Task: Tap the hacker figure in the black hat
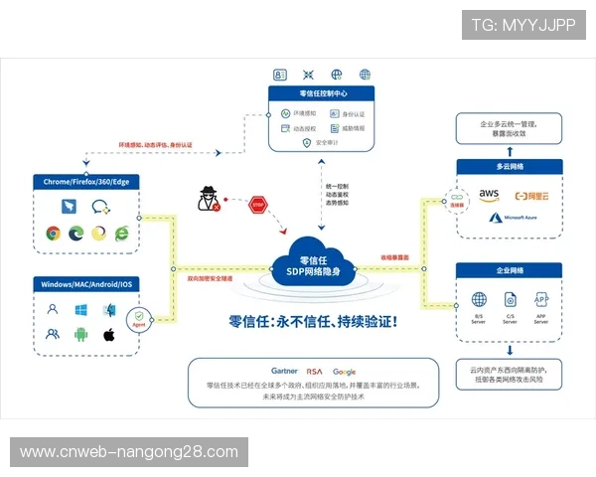[x=209, y=196]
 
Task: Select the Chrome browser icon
[x=53, y=234]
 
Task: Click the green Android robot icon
[x=80, y=334]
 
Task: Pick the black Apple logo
[x=109, y=334]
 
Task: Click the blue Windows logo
[x=80, y=309]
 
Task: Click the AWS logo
[x=488, y=195]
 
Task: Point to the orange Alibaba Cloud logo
[x=532, y=195]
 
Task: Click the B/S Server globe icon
[x=479, y=299]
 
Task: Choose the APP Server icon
[x=541, y=299]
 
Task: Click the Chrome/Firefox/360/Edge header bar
[x=86, y=182]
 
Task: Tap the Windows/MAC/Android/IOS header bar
[x=86, y=284]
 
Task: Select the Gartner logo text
[x=284, y=371]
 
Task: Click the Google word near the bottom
[x=345, y=371]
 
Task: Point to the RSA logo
[x=315, y=371]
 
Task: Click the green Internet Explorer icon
[x=122, y=234]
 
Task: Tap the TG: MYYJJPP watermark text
[x=523, y=25]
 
